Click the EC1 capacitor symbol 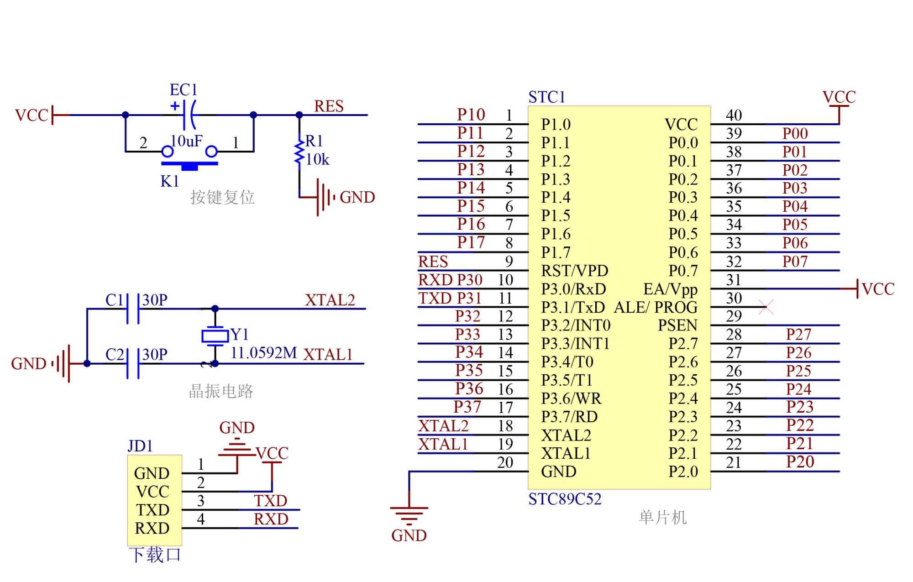pos(189,115)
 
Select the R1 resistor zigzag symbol pos(299,152)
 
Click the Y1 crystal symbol pos(215,336)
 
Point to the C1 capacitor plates pos(133,309)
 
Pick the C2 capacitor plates pos(133,363)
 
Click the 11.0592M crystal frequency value pos(263,353)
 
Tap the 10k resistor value pos(317,159)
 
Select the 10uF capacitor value pos(186,141)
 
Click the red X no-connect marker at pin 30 pos(766,307)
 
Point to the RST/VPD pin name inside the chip pos(574,271)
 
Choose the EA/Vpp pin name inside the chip pos(670,289)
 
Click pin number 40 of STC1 pos(734,115)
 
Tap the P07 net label pos(795,262)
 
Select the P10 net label pos(471,115)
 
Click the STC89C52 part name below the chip pos(565,499)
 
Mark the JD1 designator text pos(140,446)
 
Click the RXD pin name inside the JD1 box pos(152,528)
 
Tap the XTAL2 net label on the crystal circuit pos(330,300)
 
